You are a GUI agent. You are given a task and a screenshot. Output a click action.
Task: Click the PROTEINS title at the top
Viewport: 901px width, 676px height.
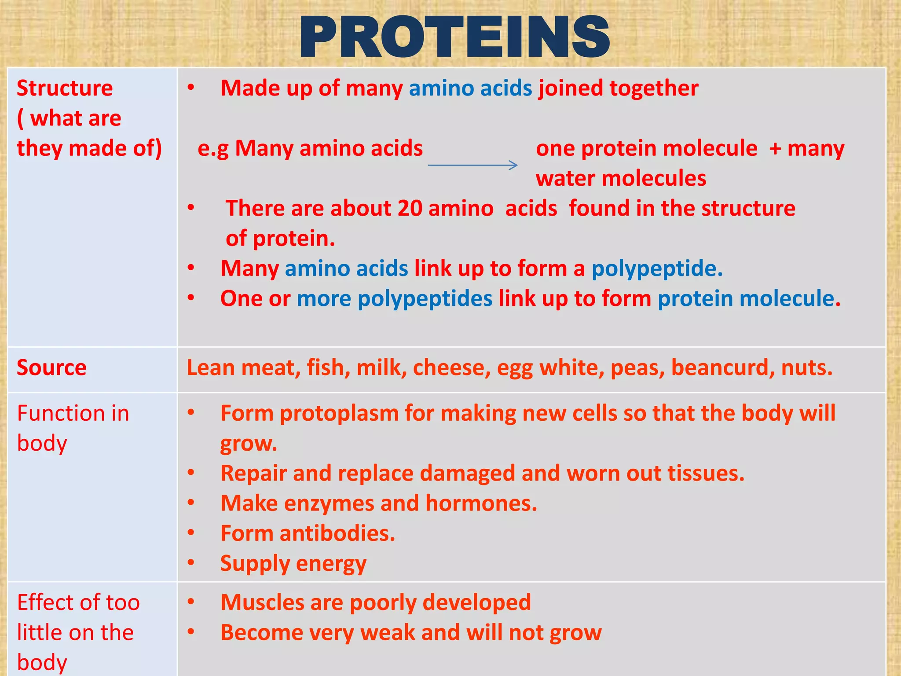click(x=454, y=37)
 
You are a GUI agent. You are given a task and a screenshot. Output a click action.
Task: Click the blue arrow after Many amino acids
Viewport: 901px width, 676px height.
click(x=472, y=165)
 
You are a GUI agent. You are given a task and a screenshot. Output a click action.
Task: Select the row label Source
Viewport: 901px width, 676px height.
click(x=51, y=367)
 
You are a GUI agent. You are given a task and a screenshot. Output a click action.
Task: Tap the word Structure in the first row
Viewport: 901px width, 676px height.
click(x=65, y=88)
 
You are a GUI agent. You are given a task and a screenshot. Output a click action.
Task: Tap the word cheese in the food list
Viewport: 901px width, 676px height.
click(x=451, y=367)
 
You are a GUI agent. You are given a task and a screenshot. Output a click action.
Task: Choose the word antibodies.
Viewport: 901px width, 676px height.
click(x=337, y=533)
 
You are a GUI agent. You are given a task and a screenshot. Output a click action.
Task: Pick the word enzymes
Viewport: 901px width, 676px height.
click(x=324, y=503)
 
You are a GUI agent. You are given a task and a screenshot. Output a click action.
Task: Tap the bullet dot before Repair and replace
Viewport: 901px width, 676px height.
click(x=190, y=473)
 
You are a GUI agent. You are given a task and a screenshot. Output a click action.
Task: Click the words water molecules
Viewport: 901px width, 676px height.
click(x=620, y=179)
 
